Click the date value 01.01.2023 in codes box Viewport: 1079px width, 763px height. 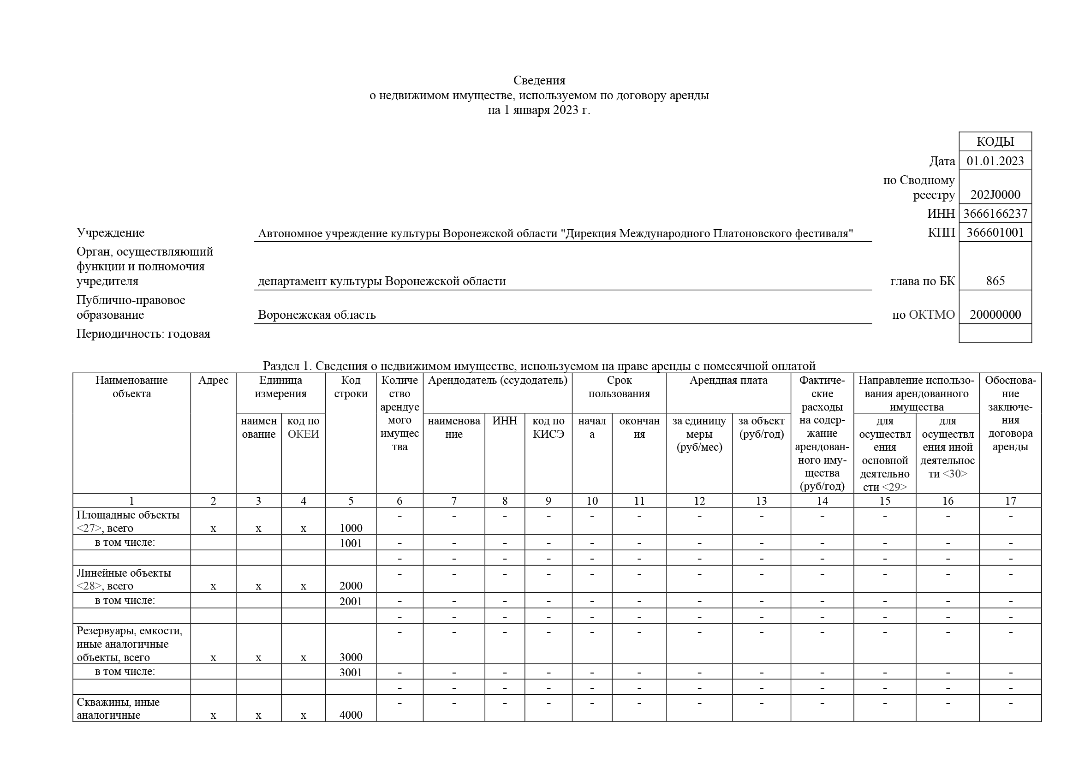point(995,161)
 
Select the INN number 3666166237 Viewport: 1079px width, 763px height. point(995,214)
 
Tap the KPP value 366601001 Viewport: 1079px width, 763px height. point(995,232)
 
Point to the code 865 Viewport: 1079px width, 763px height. point(995,281)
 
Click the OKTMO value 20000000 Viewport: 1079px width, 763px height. point(995,315)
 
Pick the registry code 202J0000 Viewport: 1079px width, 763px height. point(995,195)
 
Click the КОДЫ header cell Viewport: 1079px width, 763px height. point(995,142)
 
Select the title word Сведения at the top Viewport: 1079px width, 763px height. point(539,80)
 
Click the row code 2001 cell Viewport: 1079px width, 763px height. point(351,602)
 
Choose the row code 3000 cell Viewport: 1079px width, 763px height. point(351,657)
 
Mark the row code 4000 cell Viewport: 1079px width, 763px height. point(351,715)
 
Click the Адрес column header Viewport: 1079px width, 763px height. point(214,381)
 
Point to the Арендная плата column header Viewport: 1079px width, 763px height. point(728,381)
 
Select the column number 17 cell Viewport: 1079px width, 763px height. point(1010,501)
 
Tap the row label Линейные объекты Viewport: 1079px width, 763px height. point(124,573)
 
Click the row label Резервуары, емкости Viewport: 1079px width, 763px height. point(129,631)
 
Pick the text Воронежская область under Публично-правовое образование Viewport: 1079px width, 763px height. point(317,315)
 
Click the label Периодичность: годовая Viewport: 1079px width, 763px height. point(143,334)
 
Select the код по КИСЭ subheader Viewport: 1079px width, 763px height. point(548,428)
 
